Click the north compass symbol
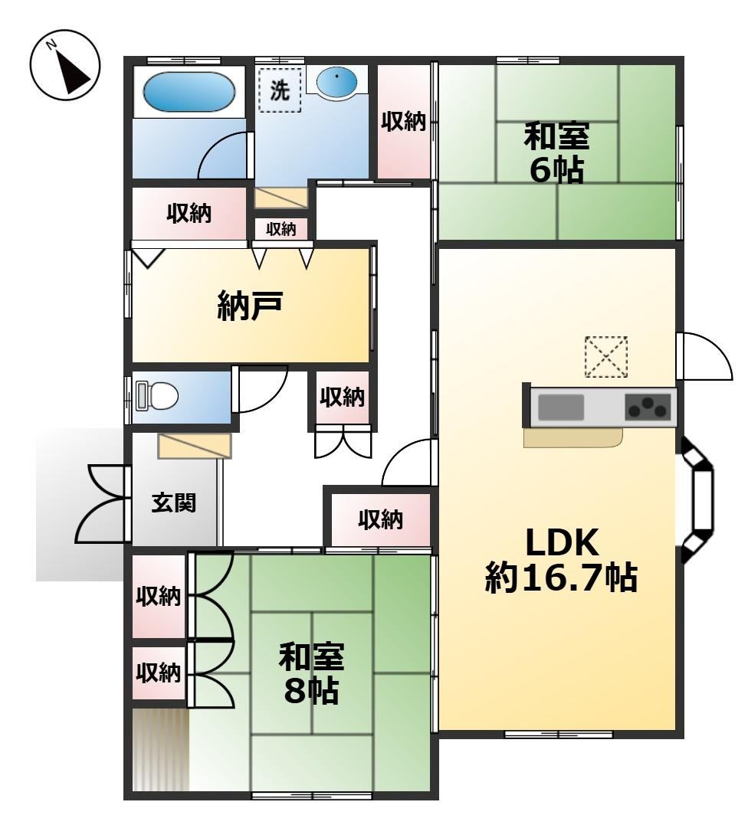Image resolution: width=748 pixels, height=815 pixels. (64, 66)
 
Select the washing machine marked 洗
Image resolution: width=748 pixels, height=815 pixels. (280, 90)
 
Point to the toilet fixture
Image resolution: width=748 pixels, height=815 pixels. (156, 396)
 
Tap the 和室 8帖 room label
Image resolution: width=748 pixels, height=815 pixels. (311, 673)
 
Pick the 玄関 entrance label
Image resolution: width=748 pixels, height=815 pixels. (173, 503)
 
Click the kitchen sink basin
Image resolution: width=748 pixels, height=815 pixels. (561, 407)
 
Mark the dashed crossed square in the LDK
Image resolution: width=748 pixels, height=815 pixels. (606, 357)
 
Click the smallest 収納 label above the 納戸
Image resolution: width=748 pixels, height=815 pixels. (281, 229)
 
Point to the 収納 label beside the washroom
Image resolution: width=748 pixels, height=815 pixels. (404, 122)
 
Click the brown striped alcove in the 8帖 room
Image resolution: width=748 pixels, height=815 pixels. (160, 749)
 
